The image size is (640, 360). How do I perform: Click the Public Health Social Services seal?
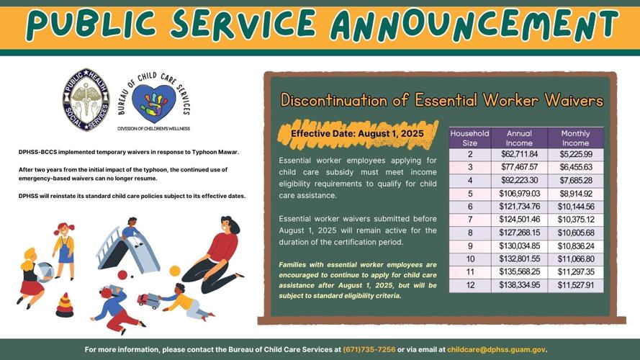tap(86, 99)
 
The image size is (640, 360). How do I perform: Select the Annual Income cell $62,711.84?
tap(519, 154)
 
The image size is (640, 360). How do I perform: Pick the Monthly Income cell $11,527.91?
tap(576, 285)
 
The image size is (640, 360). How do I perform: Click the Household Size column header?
tap(469, 138)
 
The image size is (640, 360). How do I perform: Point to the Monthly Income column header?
tap(576, 138)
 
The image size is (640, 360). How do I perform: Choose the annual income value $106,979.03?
tap(519, 194)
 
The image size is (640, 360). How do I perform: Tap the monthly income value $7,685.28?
tap(576, 180)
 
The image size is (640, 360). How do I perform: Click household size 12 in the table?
tap(469, 285)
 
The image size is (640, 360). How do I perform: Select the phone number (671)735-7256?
tap(369, 349)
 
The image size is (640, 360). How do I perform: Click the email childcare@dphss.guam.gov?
tap(497, 349)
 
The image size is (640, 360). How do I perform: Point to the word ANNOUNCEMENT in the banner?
tap(475, 26)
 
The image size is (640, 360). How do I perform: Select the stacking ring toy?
tap(65, 306)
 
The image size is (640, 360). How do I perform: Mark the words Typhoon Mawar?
tap(217, 152)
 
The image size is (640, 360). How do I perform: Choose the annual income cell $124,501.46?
tap(519, 220)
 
